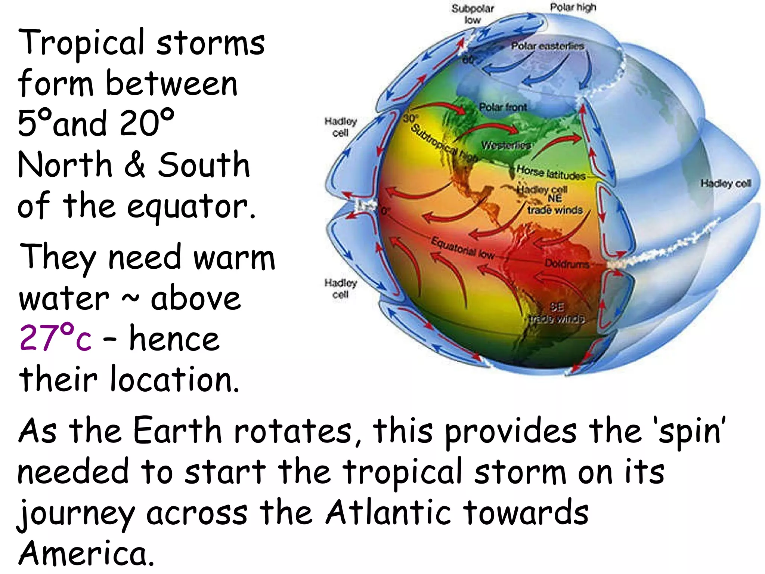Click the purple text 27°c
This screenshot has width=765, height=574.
pos(55,338)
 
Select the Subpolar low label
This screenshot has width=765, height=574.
pos(473,14)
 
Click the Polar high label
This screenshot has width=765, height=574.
pos(573,7)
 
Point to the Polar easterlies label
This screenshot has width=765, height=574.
pos(548,46)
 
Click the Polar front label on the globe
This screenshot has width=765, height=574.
pos(503,107)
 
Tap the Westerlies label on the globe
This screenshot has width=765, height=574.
pos(506,145)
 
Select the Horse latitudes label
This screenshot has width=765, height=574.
pos(551,173)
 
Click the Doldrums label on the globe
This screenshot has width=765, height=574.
pos(567,264)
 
